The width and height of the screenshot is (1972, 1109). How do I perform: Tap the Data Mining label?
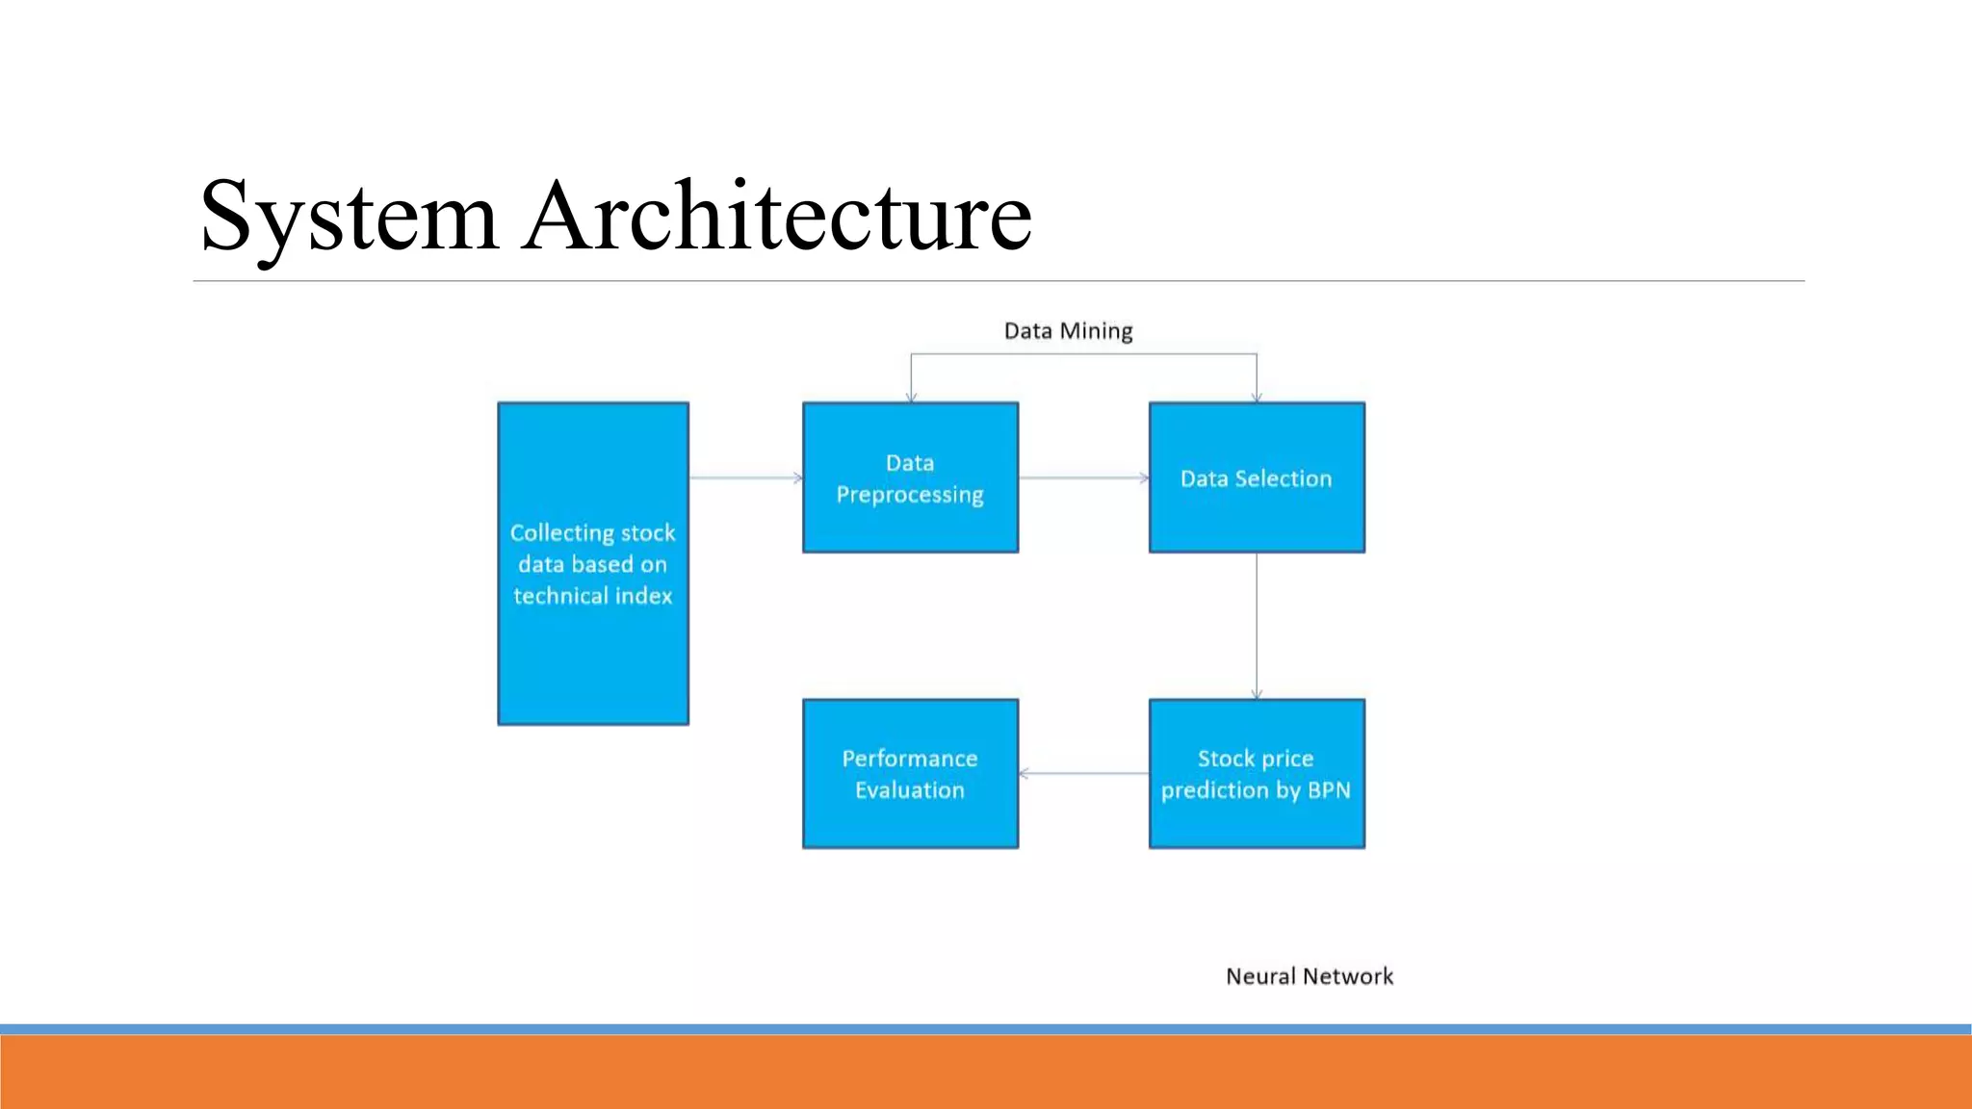(1068, 331)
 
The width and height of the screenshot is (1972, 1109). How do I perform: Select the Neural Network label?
(1309, 976)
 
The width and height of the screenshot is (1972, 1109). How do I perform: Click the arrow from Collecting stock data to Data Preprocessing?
(745, 477)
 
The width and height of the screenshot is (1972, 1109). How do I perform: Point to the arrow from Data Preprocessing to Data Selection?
(1083, 477)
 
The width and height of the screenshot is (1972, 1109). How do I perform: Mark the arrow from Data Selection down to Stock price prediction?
(1257, 626)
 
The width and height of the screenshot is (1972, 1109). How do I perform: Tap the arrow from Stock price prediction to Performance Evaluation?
(1083, 773)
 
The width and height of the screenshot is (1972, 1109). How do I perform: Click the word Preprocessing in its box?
(910, 495)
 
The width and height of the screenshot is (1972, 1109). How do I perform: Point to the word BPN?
(1329, 790)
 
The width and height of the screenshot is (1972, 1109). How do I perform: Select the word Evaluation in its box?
(910, 790)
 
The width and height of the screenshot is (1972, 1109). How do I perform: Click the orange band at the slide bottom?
(986, 1071)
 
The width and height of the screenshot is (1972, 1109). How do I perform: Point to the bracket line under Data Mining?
(1083, 354)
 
